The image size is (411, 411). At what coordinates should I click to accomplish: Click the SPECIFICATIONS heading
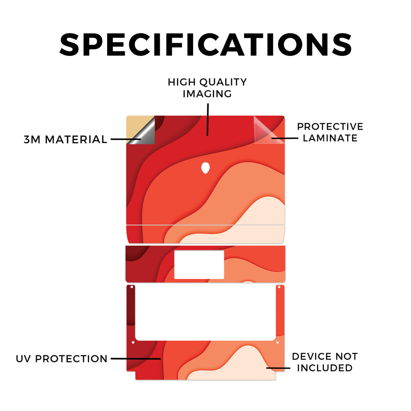coord(205,45)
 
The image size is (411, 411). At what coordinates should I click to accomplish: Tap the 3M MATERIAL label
coord(65,139)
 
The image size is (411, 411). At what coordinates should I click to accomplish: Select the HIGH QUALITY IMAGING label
coord(208,88)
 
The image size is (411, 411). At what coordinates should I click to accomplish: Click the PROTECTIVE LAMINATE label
coord(330,132)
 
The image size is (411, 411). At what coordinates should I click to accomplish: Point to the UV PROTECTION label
coord(61,358)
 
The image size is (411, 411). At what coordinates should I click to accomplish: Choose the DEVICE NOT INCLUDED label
coord(325,362)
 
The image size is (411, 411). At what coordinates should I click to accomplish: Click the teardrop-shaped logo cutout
coord(205,168)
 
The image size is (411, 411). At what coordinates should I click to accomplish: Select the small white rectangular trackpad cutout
coord(199,265)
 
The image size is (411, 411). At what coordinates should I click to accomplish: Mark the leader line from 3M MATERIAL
coord(126,139)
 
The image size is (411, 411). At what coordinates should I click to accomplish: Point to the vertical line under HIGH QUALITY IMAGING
coord(208,120)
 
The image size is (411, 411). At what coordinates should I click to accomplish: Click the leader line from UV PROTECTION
coord(136,358)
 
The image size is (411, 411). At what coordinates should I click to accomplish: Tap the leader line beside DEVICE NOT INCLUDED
coord(278,368)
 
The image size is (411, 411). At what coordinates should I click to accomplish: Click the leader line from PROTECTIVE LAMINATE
coord(285,138)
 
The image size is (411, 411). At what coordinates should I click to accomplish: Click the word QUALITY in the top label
coord(223,82)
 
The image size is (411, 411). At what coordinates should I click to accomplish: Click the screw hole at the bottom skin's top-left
coord(132,287)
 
